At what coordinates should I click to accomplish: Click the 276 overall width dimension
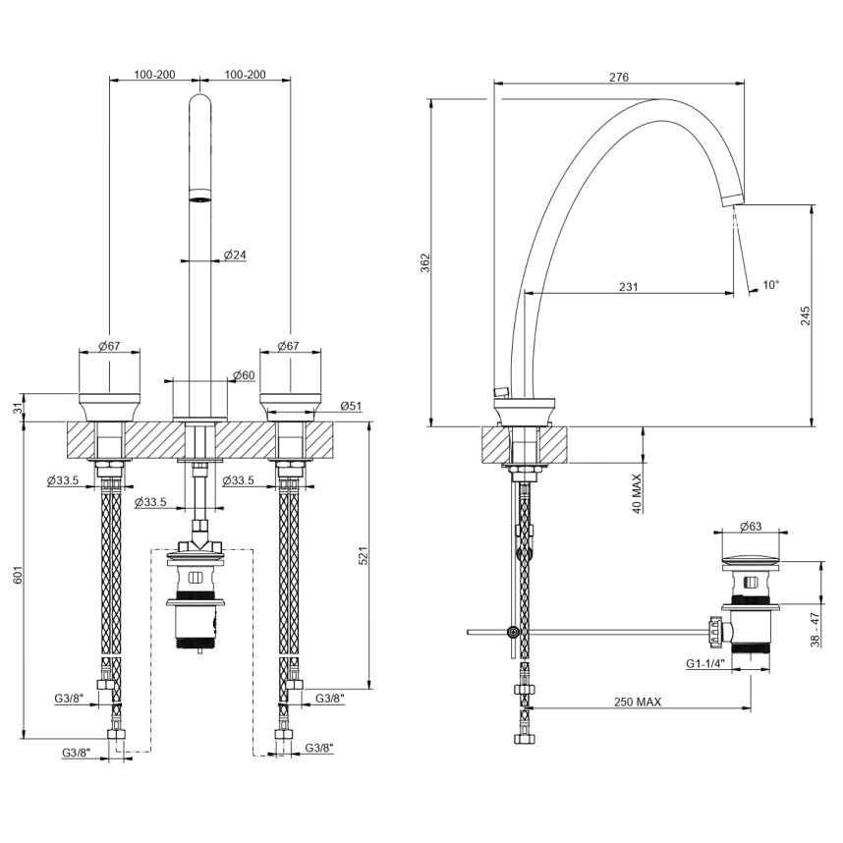tap(619, 78)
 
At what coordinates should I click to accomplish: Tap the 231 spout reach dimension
tap(629, 287)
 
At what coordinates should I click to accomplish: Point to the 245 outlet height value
tap(806, 315)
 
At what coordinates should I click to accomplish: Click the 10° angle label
tap(771, 285)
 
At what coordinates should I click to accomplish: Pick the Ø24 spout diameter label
tap(234, 254)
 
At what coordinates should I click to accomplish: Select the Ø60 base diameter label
tap(244, 375)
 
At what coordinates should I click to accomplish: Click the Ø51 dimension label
tap(352, 405)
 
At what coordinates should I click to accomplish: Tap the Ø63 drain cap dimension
tap(751, 528)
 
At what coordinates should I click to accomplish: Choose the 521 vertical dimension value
tap(363, 556)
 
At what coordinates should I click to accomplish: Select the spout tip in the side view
tap(730, 199)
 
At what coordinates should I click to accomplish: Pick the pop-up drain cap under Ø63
tap(751, 562)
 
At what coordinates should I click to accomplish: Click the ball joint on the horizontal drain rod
tap(511, 632)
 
